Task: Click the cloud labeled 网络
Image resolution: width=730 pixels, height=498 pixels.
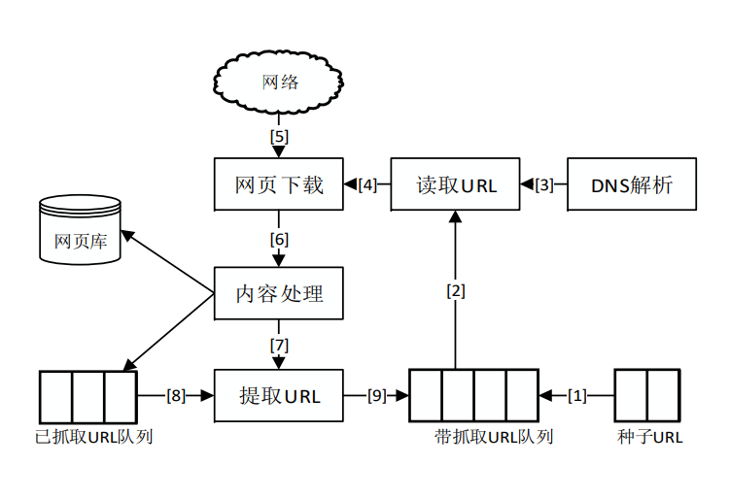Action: (280, 83)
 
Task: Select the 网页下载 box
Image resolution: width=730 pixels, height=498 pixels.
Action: (279, 183)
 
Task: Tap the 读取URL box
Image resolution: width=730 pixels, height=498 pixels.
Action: (456, 183)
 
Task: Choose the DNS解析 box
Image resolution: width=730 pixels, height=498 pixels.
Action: (632, 183)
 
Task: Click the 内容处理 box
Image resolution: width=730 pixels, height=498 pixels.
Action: (279, 292)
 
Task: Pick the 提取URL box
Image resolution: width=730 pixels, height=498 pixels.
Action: (279, 395)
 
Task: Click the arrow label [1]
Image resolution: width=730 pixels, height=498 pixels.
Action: (578, 395)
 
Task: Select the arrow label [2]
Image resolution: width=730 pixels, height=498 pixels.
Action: (456, 289)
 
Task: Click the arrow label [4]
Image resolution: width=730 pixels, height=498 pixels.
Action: (367, 183)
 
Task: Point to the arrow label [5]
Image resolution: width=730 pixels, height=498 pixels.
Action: (279, 136)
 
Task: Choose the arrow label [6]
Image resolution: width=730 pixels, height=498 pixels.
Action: (279, 239)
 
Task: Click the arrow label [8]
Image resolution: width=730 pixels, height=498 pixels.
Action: (175, 395)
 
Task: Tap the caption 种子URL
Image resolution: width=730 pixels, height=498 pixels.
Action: (649, 437)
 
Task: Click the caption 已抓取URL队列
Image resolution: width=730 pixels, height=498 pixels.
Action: (93, 437)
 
